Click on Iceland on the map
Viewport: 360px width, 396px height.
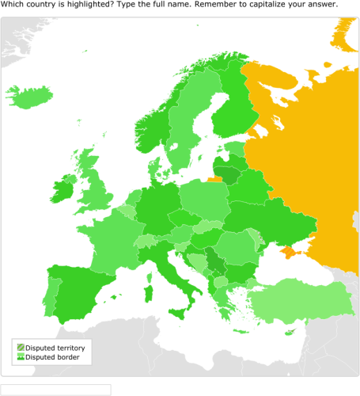coord(33,98)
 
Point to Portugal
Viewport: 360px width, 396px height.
coord(50,295)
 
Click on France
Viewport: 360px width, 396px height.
coord(111,238)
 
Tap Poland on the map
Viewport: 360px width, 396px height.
coord(203,198)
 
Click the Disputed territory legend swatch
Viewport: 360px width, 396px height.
coord(19,348)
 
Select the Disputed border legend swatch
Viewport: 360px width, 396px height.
coord(19,357)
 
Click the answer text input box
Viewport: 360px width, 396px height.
coord(55,390)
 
